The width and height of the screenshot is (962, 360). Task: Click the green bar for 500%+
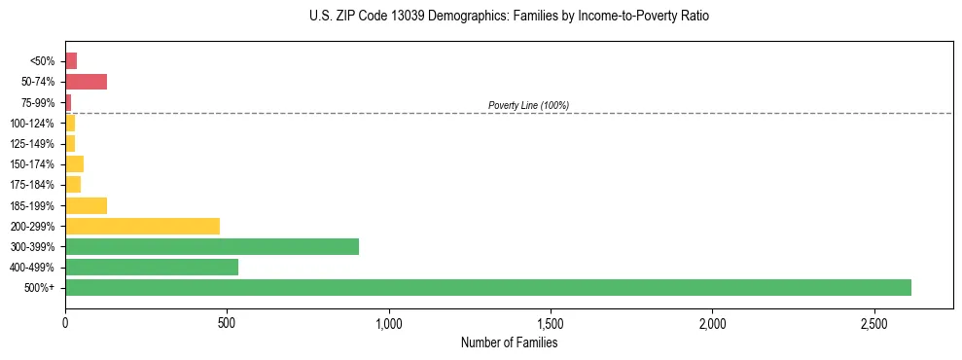click(487, 288)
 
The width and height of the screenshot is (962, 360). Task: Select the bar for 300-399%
click(211, 247)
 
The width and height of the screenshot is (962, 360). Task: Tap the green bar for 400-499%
click(151, 268)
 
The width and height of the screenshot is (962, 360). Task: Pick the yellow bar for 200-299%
click(142, 227)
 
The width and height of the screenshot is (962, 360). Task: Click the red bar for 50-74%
click(86, 82)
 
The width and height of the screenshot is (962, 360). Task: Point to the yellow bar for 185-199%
click(86, 205)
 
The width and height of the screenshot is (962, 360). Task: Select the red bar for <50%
click(71, 61)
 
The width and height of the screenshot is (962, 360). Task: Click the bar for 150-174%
click(74, 164)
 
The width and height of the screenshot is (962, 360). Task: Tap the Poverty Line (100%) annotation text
click(528, 105)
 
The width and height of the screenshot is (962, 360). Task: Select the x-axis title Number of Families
click(509, 342)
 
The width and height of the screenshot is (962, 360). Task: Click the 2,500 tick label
click(874, 322)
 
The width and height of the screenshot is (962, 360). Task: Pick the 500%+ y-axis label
click(41, 288)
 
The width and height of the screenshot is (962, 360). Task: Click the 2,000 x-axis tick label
click(712, 322)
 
